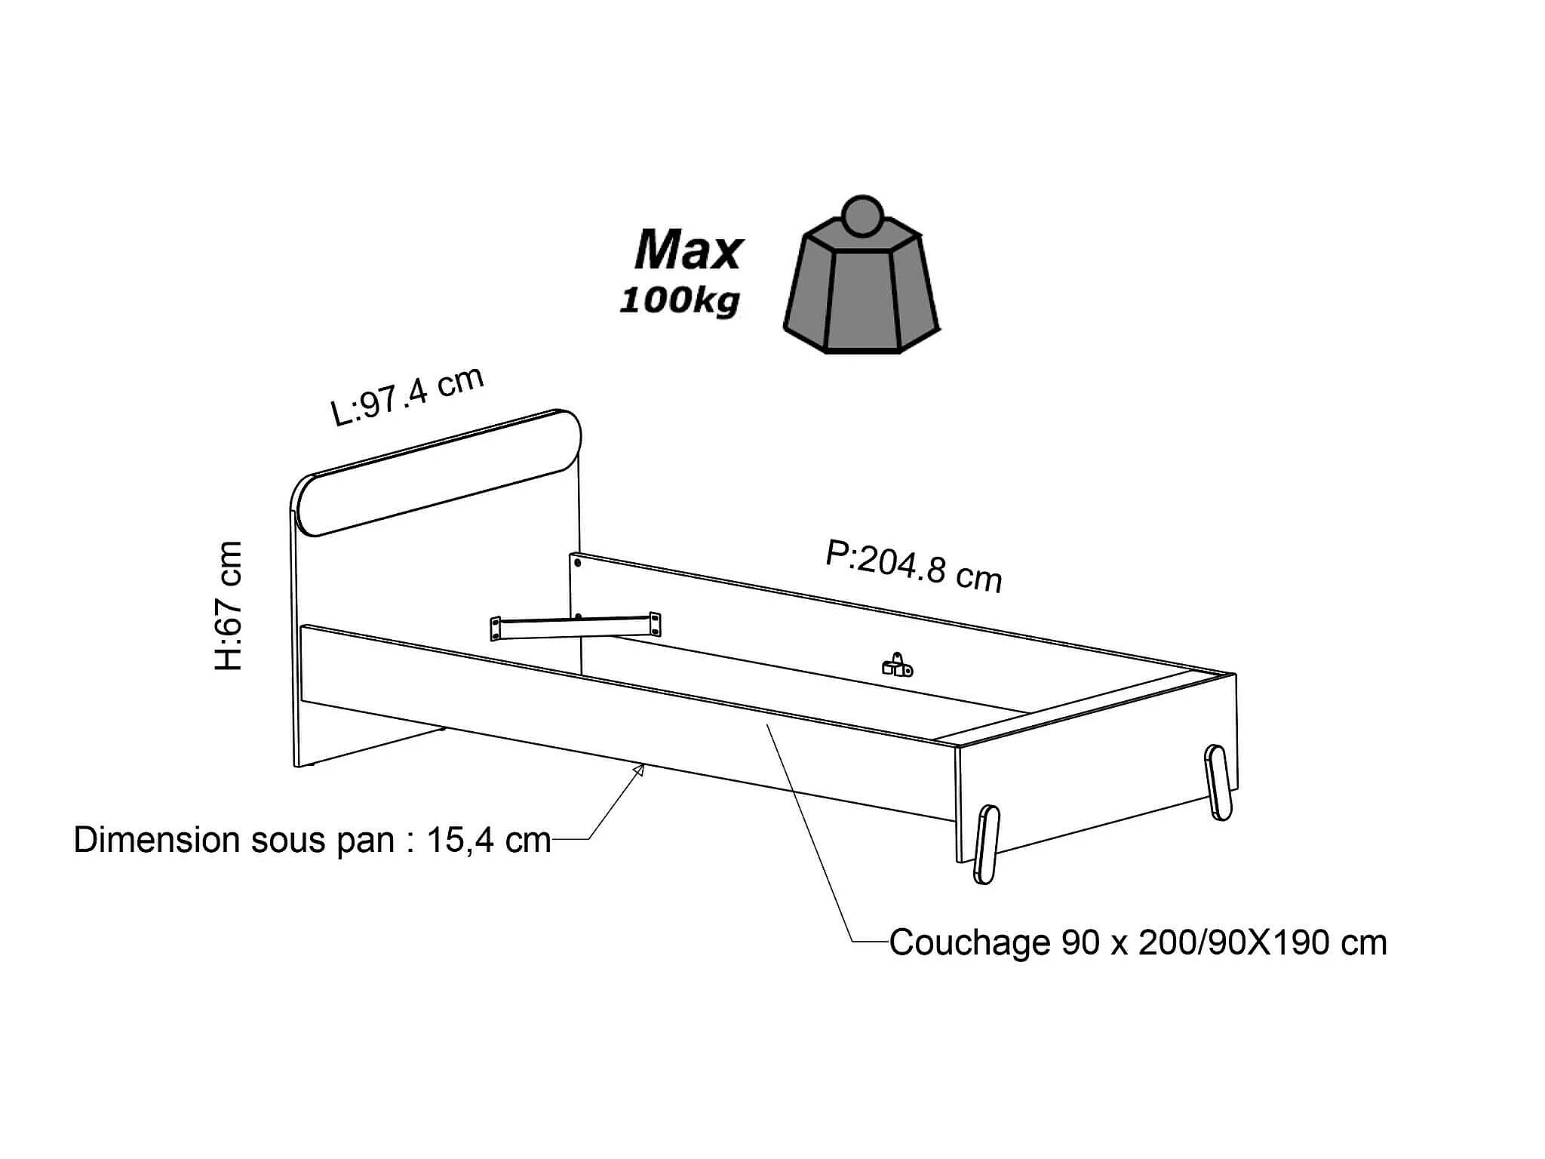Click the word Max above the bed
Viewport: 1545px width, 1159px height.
pyautogui.click(x=688, y=251)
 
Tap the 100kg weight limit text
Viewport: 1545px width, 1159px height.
pyautogui.click(x=679, y=301)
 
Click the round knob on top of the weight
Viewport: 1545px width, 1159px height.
pyautogui.click(x=862, y=216)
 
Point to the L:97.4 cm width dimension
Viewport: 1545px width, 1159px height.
pyautogui.click(x=407, y=397)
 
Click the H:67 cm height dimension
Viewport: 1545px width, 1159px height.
pyautogui.click(x=229, y=605)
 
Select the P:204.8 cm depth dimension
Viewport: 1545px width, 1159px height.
pyautogui.click(x=914, y=566)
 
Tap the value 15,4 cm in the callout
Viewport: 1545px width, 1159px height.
pyautogui.click(x=489, y=840)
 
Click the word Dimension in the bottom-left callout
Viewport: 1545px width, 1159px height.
pyautogui.click(x=155, y=840)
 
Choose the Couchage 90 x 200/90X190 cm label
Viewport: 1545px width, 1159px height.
pyautogui.click(x=1138, y=942)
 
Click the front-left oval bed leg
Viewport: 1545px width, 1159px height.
pyautogui.click(x=987, y=844)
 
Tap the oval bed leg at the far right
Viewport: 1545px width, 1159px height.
pyautogui.click(x=1218, y=782)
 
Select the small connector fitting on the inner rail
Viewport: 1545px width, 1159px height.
pyautogui.click(x=897, y=666)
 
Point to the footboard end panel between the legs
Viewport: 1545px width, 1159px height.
pyautogui.click(x=1094, y=785)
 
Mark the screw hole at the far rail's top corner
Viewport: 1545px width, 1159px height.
pyautogui.click(x=577, y=563)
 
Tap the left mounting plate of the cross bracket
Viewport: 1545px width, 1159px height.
pyautogui.click(x=496, y=629)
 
